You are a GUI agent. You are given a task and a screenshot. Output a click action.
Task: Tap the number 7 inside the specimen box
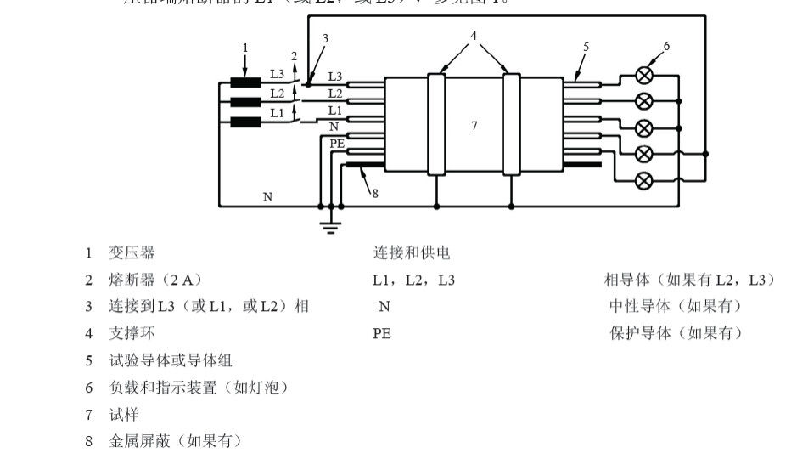click(474, 126)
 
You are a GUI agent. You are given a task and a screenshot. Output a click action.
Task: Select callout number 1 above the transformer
click(245, 48)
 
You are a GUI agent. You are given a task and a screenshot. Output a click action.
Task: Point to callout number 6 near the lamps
click(667, 46)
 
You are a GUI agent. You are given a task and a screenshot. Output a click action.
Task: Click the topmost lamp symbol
click(644, 75)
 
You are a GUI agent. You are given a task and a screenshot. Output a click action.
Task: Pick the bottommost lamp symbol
click(644, 179)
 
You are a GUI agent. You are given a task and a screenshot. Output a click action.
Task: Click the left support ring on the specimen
click(436, 124)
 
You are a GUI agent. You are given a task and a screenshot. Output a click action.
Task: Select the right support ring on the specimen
click(511, 124)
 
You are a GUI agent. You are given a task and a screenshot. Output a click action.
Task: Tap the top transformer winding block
click(245, 83)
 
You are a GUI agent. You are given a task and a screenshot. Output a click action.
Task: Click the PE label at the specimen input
click(337, 144)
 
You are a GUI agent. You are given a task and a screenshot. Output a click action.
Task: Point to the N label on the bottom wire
click(267, 197)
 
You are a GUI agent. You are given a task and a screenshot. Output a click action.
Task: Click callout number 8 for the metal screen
click(374, 193)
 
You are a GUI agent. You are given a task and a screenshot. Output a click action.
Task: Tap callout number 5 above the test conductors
click(586, 47)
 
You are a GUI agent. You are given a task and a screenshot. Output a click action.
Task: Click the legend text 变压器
click(132, 252)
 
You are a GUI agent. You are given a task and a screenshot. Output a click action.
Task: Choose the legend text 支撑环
click(132, 333)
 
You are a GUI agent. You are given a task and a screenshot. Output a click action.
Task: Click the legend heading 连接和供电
click(412, 252)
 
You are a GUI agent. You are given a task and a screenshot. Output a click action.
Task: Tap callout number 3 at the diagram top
click(324, 38)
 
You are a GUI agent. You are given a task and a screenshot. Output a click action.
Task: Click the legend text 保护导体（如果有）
click(676, 333)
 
